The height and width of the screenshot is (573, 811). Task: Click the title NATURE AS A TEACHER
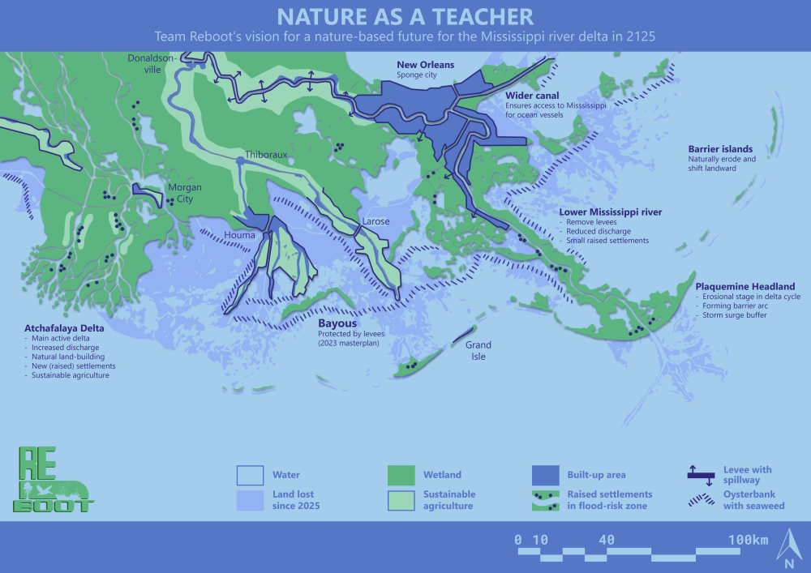[405, 16]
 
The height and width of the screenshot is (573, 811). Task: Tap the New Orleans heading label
[425, 65]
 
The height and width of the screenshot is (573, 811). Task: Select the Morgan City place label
[184, 193]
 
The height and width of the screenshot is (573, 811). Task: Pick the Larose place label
[375, 221]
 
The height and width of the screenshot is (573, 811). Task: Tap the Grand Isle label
[478, 350]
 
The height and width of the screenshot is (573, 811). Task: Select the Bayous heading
[337, 323]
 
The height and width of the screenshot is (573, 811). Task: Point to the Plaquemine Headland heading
[745, 287]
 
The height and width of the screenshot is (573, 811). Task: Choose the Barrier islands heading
[720, 149]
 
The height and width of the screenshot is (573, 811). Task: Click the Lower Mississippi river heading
[611, 212]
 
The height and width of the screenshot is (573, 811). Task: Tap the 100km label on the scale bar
[747, 541]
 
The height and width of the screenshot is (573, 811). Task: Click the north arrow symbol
[787, 545]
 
